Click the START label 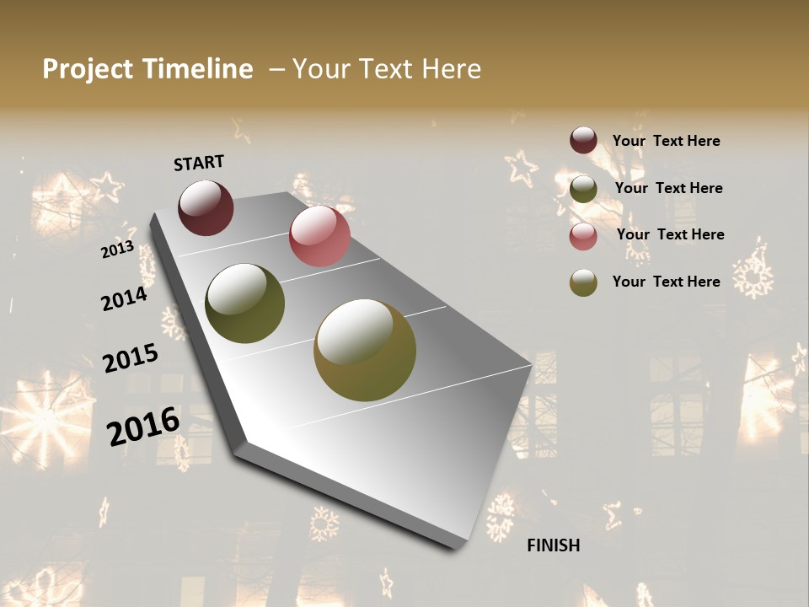coord(199,163)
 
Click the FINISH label coord(553,545)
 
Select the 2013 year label coord(117,250)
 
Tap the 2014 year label coord(124,298)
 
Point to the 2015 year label coord(131,358)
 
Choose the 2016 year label coord(143,426)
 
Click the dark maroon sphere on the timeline coord(206,207)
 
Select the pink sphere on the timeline coord(319,236)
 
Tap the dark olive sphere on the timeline coord(244,303)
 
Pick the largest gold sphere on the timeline coord(365,350)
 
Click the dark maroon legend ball coord(583,141)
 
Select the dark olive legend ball coord(583,189)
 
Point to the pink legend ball coord(583,236)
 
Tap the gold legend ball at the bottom coord(583,282)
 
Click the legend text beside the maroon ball coord(666,141)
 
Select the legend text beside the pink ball coord(670,234)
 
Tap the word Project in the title coord(88,69)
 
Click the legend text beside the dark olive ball coord(668,188)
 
